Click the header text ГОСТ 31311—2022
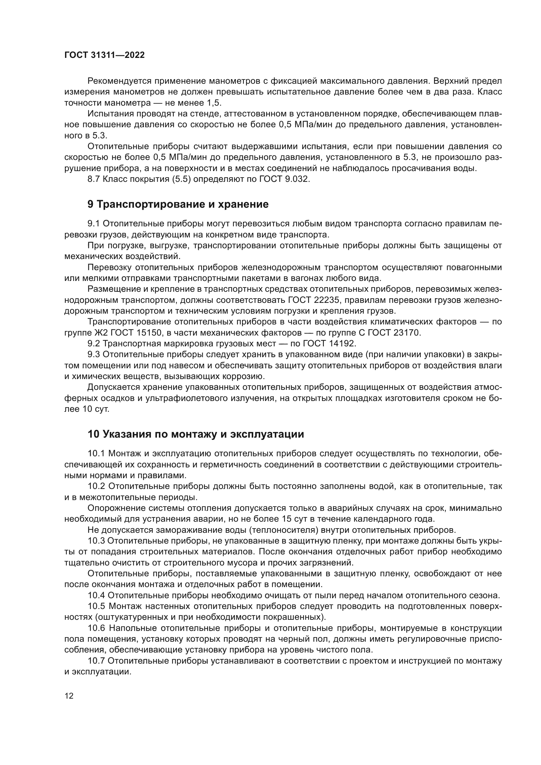(104, 55)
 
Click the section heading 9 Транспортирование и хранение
(178, 204)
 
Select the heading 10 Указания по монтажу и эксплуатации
(196, 434)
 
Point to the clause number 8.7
(94, 179)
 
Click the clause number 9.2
(94, 343)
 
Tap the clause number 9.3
(94, 355)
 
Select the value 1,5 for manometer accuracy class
(214, 103)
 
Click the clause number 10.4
(96, 595)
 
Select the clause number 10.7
(96, 661)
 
